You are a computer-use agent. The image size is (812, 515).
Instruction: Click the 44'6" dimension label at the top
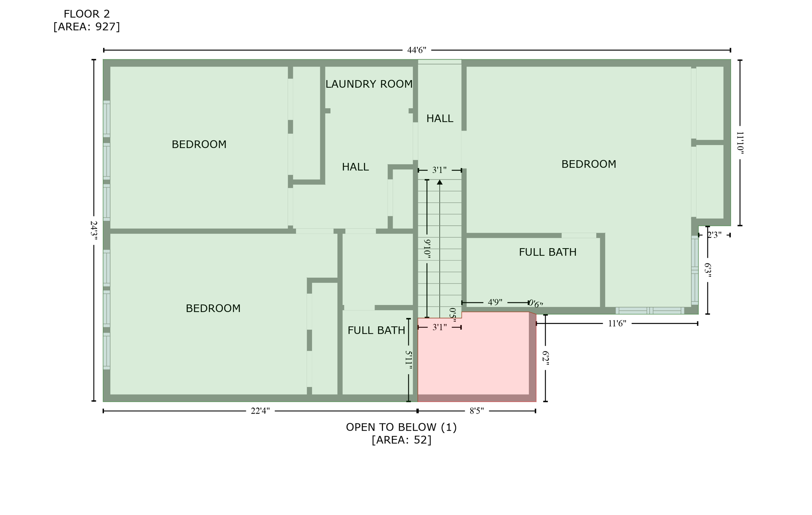pyautogui.click(x=416, y=50)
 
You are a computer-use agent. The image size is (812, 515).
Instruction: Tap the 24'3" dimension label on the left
pyautogui.click(x=94, y=230)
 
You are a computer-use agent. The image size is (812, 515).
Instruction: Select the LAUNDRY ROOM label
pyautogui.click(x=369, y=84)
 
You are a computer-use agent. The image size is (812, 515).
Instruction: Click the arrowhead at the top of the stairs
pyautogui.click(x=439, y=182)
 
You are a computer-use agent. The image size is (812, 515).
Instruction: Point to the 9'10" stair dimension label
pyautogui.click(x=427, y=249)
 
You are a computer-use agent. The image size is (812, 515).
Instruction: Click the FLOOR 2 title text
pyautogui.click(x=86, y=14)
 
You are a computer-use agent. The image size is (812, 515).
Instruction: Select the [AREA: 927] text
pyautogui.click(x=86, y=27)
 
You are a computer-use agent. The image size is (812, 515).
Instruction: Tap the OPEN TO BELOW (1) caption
pyautogui.click(x=401, y=427)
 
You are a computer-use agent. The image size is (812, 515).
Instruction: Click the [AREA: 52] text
pyautogui.click(x=401, y=440)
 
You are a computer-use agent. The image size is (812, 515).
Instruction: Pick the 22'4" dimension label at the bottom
pyautogui.click(x=260, y=411)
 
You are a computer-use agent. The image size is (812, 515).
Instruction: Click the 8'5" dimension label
pyautogui.click(x=477, y=411)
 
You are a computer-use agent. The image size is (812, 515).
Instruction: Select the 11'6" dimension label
pyautogui.click(x=617, y=324)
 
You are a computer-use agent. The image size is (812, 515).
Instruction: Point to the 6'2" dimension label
pyautogui.click(x=545, y=358)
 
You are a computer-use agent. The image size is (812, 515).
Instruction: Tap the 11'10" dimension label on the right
pyautogui.click(x=740, y=142)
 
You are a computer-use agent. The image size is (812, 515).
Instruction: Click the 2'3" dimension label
pyautogui.click(x=714, y=235)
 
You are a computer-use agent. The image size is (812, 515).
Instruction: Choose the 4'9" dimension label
pyautogui.click(x=495, y=302)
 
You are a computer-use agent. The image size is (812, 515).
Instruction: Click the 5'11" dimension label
pyautogui.click(x=408, y=360)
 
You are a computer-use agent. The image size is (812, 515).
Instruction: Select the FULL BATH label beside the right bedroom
pyautogui.click(x=548, y=252)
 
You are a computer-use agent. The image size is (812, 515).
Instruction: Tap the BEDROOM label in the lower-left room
pyautogui.click(x=213, y=308)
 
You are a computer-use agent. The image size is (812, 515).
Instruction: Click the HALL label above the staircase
pyautogui.click(x=439, y=118)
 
